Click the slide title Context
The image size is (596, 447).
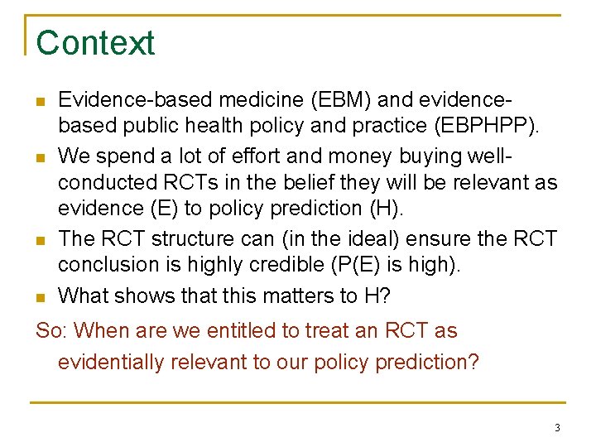coord(95,43)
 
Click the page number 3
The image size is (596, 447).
coord(557,428)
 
